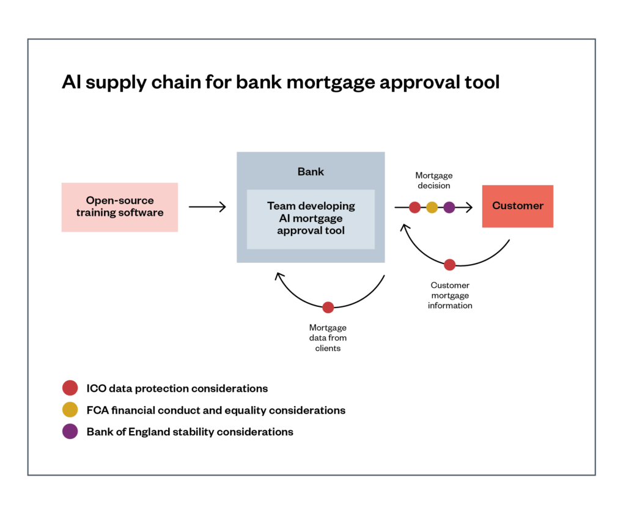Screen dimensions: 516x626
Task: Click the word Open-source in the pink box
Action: [x=120, y=201]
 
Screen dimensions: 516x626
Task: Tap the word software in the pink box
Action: [x=142, y=213]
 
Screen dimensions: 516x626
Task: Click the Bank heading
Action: [x=311, y=172]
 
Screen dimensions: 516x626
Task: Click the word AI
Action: [x=276, y=218]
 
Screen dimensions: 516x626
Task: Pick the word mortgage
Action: [x=317, y=218]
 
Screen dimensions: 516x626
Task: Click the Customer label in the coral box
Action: [x=518, y=206]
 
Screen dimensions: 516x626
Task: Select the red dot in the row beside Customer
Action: [x=415, y=207]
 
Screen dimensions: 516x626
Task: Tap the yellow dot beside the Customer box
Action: [x=432, y=207]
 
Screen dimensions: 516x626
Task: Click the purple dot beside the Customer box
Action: [x=449, y=207]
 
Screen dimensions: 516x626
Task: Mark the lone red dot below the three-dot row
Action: [x=449, y=265]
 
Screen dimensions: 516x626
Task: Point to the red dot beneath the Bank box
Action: [x=328, y=308]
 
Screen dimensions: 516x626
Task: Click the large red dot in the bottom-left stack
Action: [x=70, y=388]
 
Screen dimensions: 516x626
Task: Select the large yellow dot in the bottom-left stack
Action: [x=70, y=410]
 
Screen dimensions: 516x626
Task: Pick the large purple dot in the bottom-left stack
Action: [x=70, y=431]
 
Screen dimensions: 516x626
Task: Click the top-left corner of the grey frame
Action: [x=28, y=39]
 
